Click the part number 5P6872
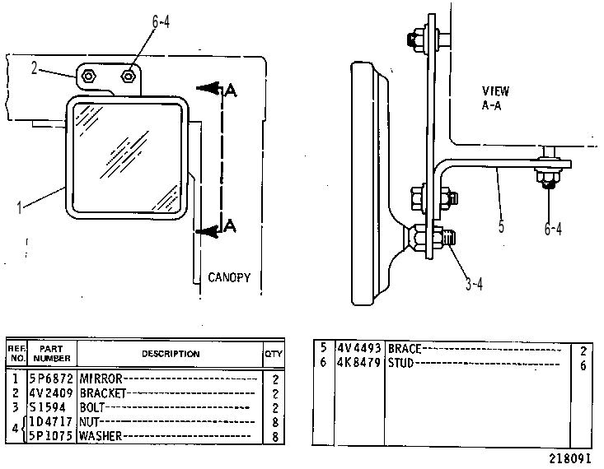click(51, 379)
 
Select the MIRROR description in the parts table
click(101, 379)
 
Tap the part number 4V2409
click(51, 393)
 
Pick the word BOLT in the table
click(92, 407)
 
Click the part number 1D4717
click(51, 421)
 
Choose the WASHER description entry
click(101, 436)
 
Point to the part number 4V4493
click(359, 348)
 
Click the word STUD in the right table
click(400, 363)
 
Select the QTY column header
click(273, 354)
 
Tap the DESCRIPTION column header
click(171, 354)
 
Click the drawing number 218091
click(569, 458)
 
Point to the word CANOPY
click(229, 277)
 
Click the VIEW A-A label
click(495, 98)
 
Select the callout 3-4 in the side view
click(474, 285)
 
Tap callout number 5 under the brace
click(501, 225)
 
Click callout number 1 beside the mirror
click(19, 207)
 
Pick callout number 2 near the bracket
click(35, 68)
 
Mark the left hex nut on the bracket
click(89, 77)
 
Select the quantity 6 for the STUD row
click(583, 365)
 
